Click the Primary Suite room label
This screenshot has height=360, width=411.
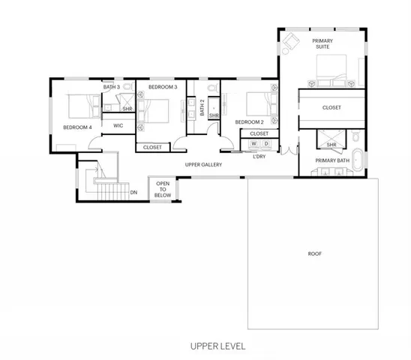(322, 43)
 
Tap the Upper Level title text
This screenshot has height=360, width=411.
(217, 346)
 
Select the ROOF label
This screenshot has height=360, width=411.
(314, 253)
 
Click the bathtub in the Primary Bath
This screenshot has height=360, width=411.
(356, 160)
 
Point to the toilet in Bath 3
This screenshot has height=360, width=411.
(128, 86)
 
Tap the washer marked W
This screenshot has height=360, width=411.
(253, 144)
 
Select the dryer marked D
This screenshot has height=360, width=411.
(266, 144)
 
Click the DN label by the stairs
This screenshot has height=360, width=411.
(133, 193)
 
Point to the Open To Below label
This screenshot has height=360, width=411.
(163, 189)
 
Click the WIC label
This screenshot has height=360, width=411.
(118, 125)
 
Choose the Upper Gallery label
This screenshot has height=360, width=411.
(203, 165)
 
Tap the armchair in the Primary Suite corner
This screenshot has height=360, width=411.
(291, 41)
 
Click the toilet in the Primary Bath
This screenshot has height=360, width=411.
(356, 136)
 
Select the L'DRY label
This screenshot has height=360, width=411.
(259, 157)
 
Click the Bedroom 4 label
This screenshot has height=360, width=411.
(77, 127)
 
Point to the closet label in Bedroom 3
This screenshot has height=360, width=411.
(152, 147)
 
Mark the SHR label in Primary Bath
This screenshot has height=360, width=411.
(331, 145)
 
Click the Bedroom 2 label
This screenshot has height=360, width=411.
(249, 122)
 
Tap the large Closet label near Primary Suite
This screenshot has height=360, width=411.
(331, 107)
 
